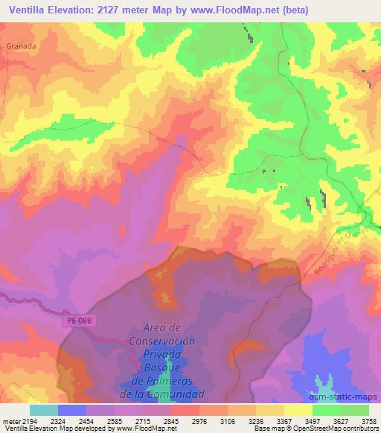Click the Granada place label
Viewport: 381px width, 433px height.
[21, 45]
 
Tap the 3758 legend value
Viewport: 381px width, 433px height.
[368, 421]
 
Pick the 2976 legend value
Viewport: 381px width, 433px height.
[199, 421]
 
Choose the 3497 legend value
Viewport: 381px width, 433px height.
[313, 421]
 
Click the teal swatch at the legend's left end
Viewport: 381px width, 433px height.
[43, 410]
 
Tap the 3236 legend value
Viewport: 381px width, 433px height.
[256, 421]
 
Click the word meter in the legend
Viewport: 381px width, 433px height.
[10, 421]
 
